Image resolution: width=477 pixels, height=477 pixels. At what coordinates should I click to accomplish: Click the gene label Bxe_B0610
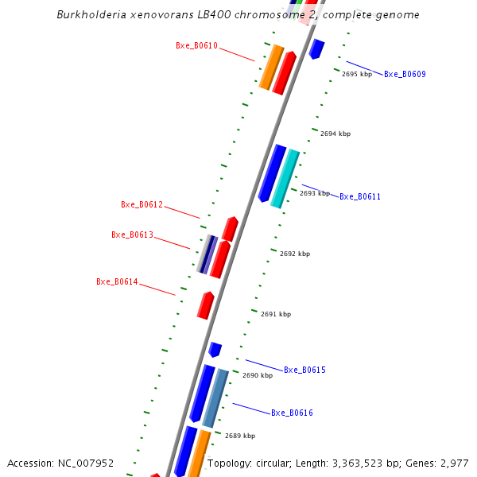tap(196, 46)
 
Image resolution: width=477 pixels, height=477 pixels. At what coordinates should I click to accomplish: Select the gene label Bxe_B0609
tap(405, 75)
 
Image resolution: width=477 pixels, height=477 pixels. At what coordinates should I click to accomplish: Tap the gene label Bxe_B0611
tap(360, 197)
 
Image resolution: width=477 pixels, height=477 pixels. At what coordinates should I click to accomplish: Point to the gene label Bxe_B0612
tap(142, 205)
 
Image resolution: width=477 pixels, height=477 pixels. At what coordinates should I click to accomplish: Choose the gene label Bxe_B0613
tap(132, 235)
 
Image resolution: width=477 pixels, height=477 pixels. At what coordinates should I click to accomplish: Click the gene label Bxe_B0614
tap(117, 282)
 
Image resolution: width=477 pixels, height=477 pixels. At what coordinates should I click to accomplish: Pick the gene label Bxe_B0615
tap(304, 370)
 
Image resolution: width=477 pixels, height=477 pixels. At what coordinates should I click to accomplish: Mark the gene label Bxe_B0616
tap(292, 413)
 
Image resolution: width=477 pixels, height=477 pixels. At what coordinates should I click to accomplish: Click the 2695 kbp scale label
tap(357, 74)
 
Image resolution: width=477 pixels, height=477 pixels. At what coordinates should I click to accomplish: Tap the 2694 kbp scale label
tap(335, 134)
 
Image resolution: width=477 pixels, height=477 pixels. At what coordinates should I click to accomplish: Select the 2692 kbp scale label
tap(295, 254)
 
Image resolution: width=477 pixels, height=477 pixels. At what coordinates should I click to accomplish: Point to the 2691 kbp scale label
tap(276, 315)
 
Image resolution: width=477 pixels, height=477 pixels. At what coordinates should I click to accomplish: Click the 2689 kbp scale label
tap(240, 436)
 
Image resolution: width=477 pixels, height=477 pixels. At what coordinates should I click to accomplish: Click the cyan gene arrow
tap(285, 179)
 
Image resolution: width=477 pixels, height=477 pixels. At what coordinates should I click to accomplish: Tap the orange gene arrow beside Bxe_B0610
tap(271, 68)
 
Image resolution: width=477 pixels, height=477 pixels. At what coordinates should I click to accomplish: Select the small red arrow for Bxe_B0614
tap(206, 305)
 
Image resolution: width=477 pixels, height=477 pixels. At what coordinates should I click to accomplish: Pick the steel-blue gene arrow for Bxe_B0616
tap(215, 397)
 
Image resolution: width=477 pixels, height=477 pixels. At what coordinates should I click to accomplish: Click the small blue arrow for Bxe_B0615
tap(215, 349)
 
